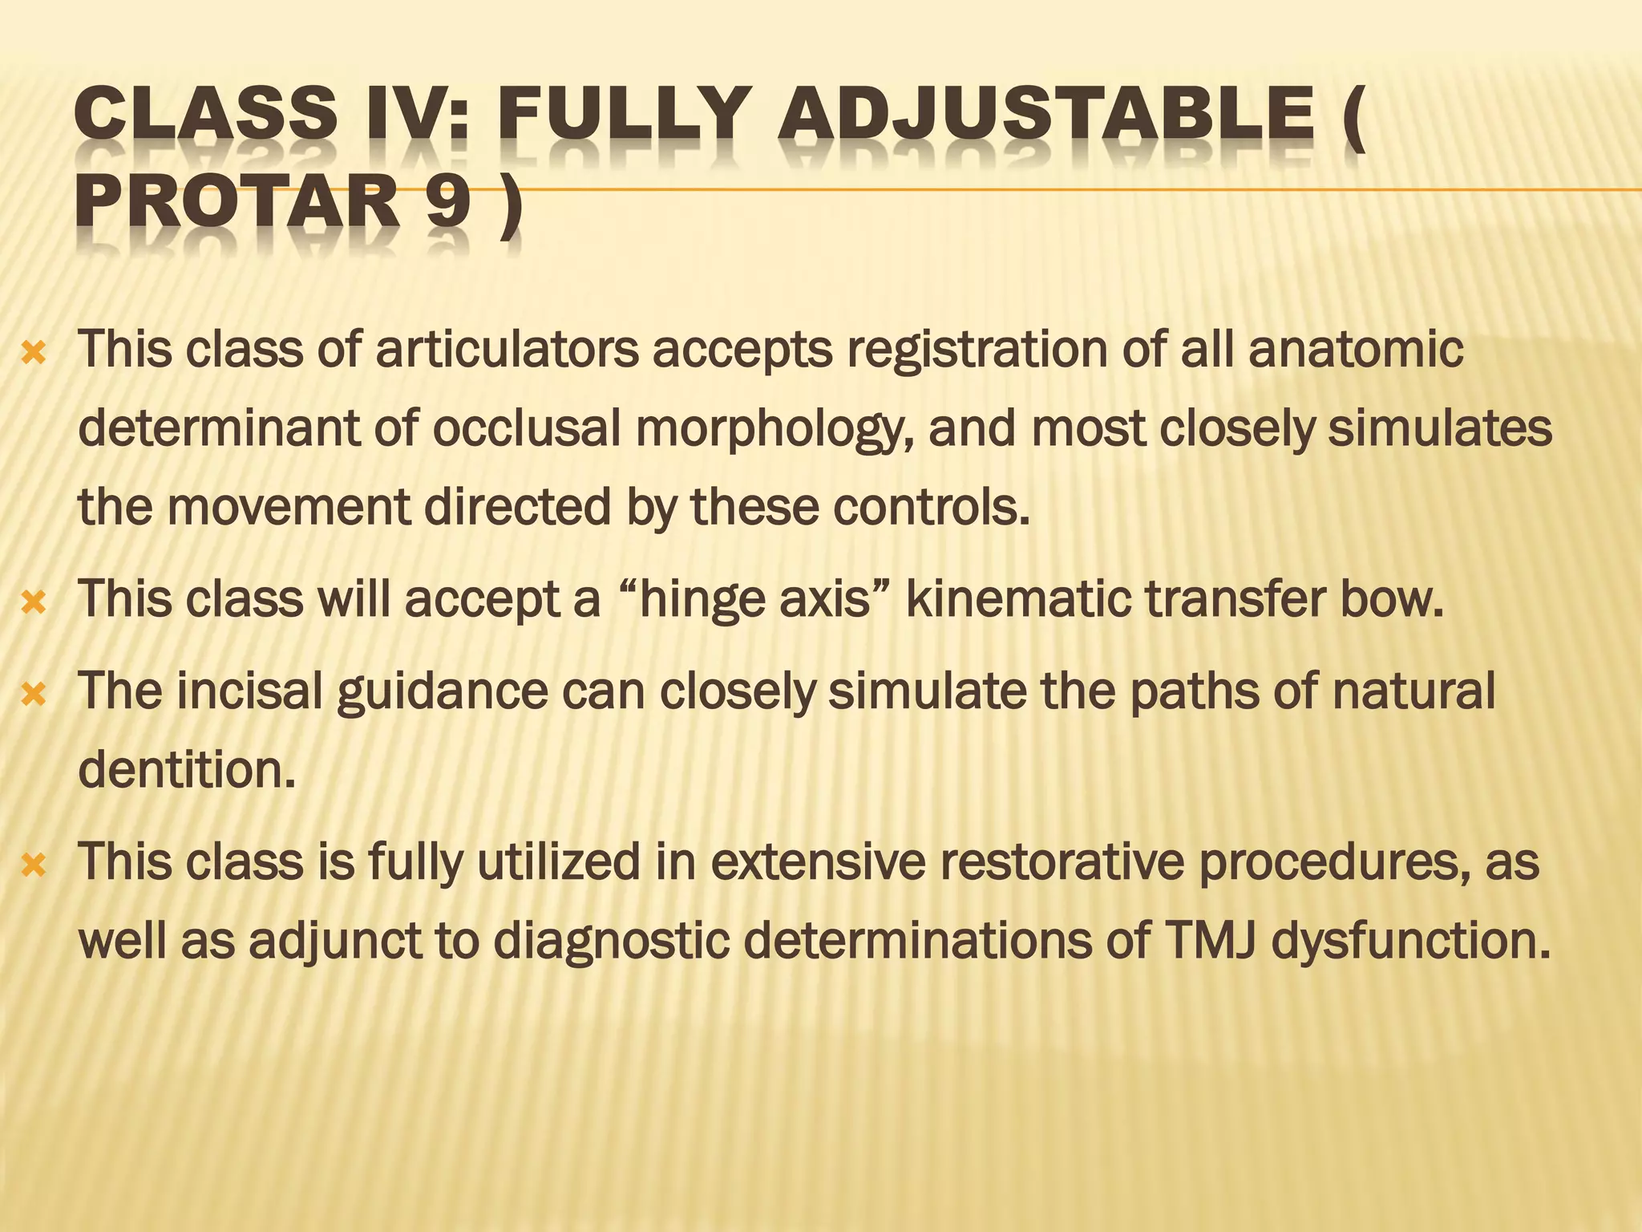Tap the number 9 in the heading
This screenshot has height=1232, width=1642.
[447, 204]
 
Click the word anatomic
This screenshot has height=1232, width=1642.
[1356, 350]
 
